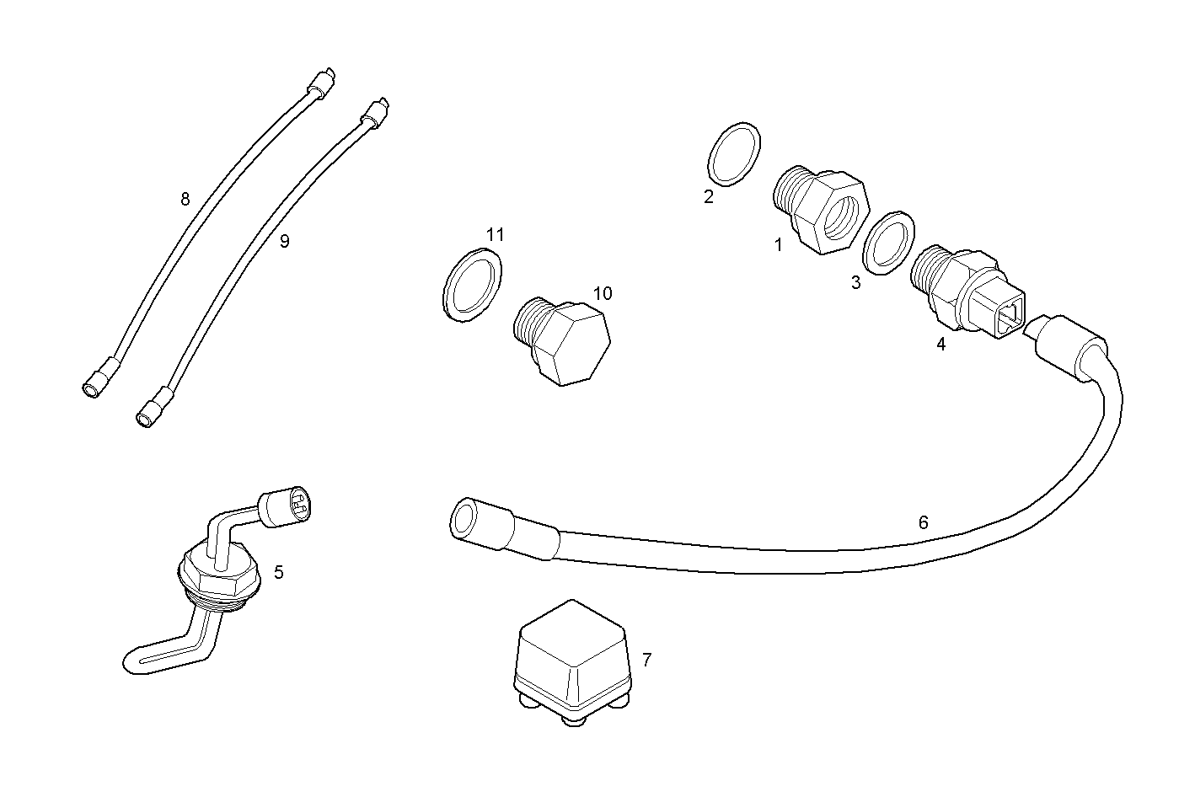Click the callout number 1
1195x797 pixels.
(779, 244)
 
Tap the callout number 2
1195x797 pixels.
(708, 196)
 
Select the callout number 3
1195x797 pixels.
(855, 283)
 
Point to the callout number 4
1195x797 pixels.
(940, 344)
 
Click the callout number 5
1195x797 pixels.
(279, 572)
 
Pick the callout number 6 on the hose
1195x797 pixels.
(923, 522)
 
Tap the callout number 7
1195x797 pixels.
(646, 660)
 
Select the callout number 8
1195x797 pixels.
(185, 199)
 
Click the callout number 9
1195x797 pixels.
(284, 241)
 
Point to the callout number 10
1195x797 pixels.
(603, 293)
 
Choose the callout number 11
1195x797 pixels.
(496, 234)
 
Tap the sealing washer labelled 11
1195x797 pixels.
(472, 283)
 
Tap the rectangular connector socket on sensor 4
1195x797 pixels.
(1009, 316)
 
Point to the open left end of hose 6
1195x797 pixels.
(464, 520)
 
